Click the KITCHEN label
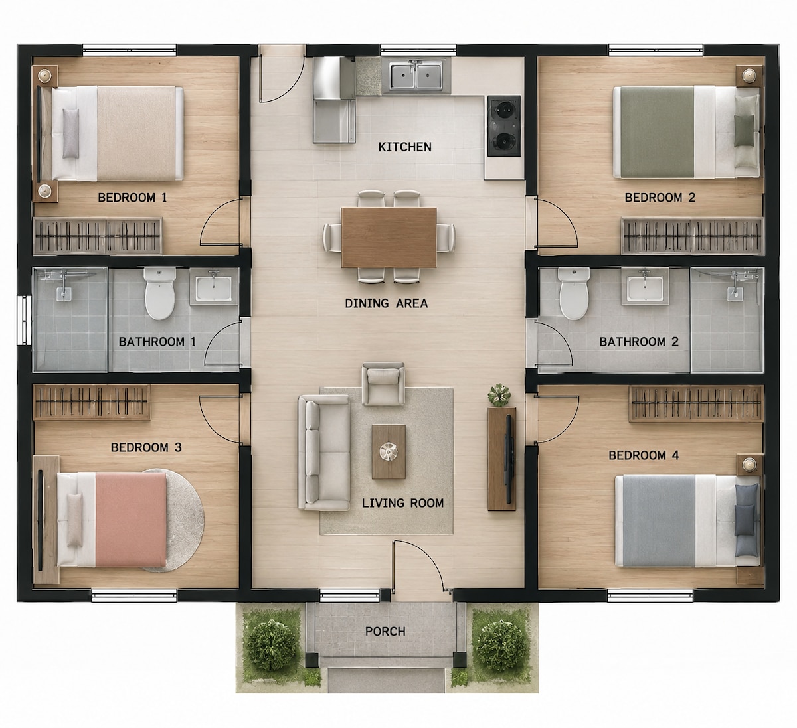click(404, 147)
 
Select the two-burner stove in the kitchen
click(504, 126)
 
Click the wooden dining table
click(389, 238)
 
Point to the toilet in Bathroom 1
click(159, 293)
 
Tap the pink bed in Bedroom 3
click(112, 519)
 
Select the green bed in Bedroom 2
click(687, 132)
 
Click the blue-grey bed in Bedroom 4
click(687, 521)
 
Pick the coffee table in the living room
click(389, 451)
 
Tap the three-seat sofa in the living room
click(324, 453)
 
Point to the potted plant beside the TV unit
click(499, 395)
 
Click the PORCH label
click(385, 631)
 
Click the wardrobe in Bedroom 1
click(98, 236)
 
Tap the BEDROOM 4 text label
click(644, 455)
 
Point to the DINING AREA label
click(386, 303)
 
